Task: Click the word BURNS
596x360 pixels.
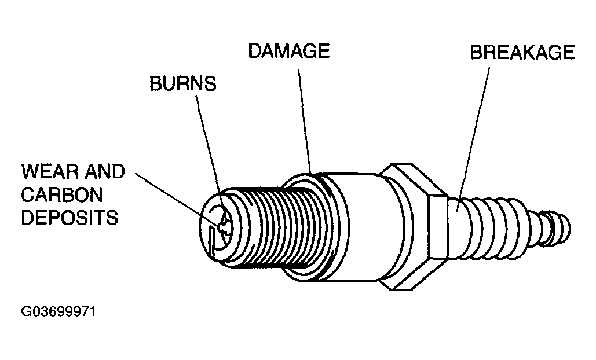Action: click(x=182, y=83)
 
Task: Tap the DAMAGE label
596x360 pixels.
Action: click(x=288, y=52)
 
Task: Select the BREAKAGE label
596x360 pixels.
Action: click(x=522, y=53)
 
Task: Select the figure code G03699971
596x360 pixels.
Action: click(x=58, y=312)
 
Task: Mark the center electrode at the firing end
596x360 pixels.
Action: click(x=222, y=223)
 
